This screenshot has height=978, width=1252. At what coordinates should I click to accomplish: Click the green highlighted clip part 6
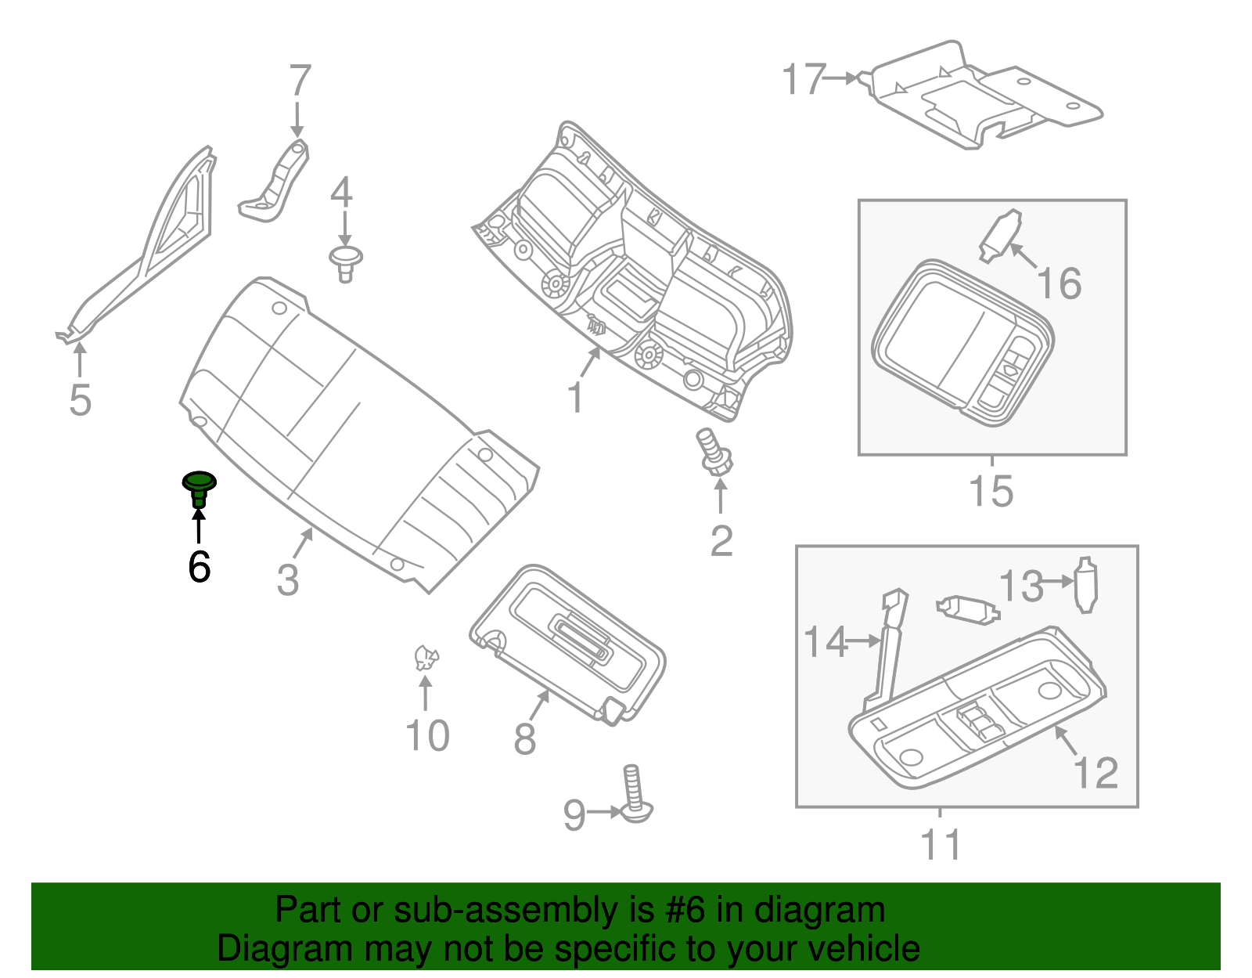click(x=199, y=487)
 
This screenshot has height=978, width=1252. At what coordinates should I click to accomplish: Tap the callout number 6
click(x=199, y=566)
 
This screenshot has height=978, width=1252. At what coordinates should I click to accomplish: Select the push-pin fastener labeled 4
click(x=345, y=262)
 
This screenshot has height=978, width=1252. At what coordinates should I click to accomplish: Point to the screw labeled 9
click(x=635, y=795)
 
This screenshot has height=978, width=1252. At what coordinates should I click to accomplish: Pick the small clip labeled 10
click(x=426, y=658)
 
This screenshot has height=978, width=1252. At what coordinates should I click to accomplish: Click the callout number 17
click(x=803, y=79)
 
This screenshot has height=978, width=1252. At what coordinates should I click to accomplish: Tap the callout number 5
click(x=80, y=400)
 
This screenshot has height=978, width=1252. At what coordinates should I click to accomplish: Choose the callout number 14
click(x=826, y=641)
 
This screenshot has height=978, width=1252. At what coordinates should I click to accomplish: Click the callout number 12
click(x=1096, y=773)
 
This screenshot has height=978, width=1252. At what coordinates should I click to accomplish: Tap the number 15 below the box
click(x=991, y=491)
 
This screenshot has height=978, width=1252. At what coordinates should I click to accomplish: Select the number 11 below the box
click(x=941, y=844)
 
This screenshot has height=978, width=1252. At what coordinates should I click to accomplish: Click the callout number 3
click(x=288, y=580)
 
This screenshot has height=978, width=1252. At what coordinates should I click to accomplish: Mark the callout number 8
click(x=524, y=738)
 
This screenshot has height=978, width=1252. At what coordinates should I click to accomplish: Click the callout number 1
click(x=575, y=398)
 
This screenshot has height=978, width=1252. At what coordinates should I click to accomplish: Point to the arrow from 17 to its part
click(x=842, y=78)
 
